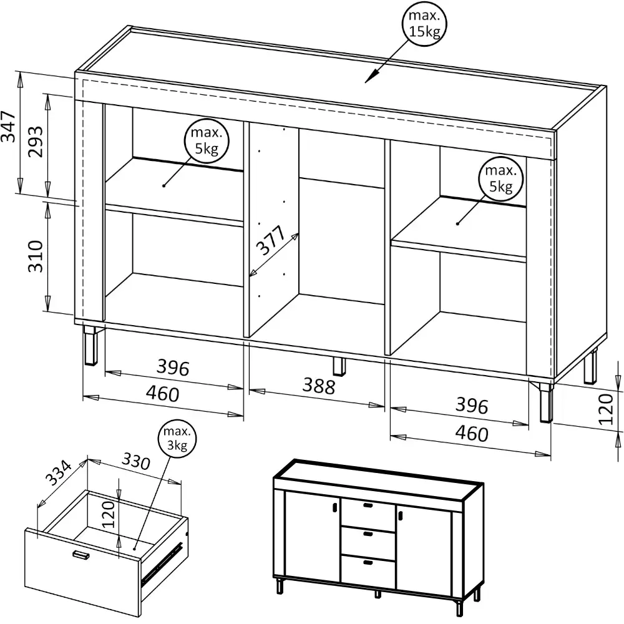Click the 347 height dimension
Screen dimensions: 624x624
9,127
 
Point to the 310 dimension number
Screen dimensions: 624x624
36,256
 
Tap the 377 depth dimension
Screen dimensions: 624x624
271,240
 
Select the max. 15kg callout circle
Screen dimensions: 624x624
424,24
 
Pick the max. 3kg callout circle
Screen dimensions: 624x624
177,438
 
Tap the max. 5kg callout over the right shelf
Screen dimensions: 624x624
500,178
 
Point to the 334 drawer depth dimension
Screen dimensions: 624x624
59,473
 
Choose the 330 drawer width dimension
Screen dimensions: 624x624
135,461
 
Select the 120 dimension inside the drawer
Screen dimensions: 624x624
108,514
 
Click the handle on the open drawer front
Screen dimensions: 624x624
80,555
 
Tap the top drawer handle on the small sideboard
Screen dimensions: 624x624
368,505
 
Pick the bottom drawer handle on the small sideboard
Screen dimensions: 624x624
368,562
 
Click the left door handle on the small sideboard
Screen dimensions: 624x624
334,507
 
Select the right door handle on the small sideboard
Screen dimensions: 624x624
399,515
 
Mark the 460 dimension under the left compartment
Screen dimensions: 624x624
162,394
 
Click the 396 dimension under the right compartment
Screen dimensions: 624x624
472,406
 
